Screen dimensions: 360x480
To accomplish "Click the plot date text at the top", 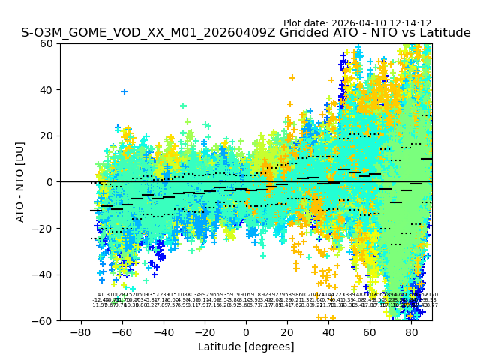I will click(x=357, y=23).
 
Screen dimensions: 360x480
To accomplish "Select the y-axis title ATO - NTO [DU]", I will click(x=20, y=182).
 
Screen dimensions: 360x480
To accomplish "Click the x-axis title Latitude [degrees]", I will click(x=246, y=346).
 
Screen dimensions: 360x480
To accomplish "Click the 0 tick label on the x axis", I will click(x=246, y=331).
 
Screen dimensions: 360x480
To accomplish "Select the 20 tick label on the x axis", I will click(x=287, y=331).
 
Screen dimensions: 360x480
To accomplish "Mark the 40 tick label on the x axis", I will click(x=328, y=331).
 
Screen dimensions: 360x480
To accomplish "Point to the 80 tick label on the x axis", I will click(x=411, y=331).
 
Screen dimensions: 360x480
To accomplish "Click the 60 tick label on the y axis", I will click(x=47, y=43).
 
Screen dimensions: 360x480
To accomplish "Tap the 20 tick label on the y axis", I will click(x=47, y=136).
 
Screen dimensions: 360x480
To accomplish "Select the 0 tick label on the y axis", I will click(x=50, y=182).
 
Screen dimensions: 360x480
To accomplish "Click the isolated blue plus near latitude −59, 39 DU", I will click(x=124, y=91).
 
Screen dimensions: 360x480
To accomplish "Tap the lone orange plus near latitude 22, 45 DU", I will click(x=292, y=78).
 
